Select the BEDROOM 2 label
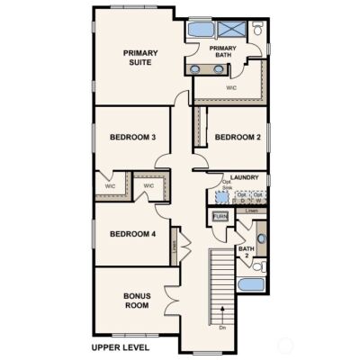click(x=237, y=137)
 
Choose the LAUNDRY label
click(x=244, y=177)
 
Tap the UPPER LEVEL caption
click(x=121, y=347)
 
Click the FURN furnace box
click(x=220, y=217)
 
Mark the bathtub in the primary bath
click(x=201, y=30)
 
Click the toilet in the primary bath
click(x=257, y=31)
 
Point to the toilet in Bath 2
click(x=257, y=266)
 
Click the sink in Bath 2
click(x=262, y=239)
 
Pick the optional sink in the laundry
click(x=221, y=196)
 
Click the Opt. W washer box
click(x=257, y=195)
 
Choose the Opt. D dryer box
click(x=241, y=195)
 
